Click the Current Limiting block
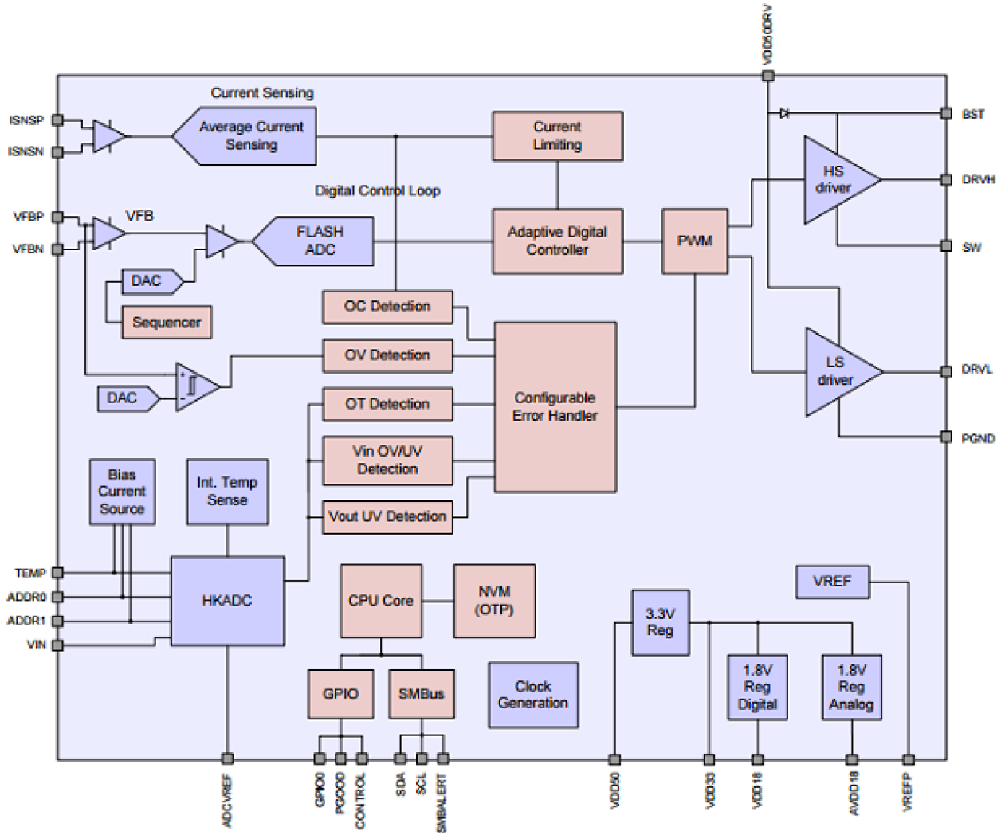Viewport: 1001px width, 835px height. click(557, 136)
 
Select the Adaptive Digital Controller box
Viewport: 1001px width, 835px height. click(557, 241)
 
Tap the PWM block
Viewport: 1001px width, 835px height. click(694, 241)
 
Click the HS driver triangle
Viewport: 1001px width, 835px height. click(834, 180)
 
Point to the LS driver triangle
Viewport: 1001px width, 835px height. click(836, 372)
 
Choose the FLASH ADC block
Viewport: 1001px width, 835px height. click(319, 241)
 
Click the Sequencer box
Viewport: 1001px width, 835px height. click(167, 323)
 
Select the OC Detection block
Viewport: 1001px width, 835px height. click(387, 307)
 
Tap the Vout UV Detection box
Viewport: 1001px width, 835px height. click(387, 517)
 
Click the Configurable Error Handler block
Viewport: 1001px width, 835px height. click(555, 407)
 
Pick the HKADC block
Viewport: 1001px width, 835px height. click(227, 601)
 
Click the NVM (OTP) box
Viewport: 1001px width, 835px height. click(494, 602)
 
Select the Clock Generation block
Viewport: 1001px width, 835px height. click(532, 695)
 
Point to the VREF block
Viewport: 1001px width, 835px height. click(832, 582)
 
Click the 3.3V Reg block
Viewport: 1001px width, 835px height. click(660, 622)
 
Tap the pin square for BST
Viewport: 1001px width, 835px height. click(946, 114)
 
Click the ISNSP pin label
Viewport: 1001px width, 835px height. click(26, 120)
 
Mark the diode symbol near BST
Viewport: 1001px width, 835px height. click(784, 114)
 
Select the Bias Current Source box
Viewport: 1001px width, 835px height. click(122, 492)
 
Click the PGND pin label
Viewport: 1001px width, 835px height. click(977, 438)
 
